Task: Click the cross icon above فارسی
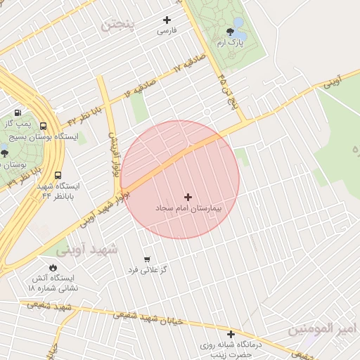tap(167, 20)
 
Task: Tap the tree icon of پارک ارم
tap(230, 31)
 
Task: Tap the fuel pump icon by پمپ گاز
tap(17, 112)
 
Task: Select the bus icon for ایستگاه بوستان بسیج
tap(44, 126)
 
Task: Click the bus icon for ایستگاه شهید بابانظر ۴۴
tap(57, 176)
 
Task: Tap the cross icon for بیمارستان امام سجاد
tap(188, 198)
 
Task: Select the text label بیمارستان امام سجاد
tap(188, 209)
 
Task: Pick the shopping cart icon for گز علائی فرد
tap(147, 259)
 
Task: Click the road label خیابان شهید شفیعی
tap(150, 319)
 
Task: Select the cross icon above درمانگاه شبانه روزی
tap(231, 333)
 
